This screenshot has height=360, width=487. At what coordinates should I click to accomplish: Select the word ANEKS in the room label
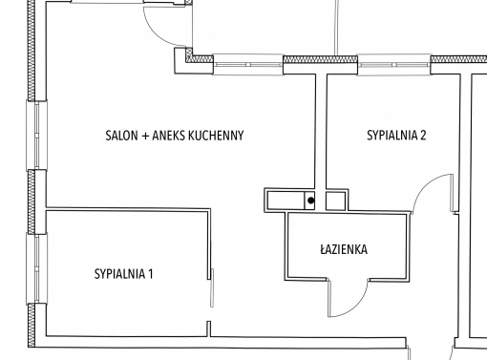click(169, 136)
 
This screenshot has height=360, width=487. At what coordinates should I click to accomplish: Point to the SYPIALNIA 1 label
click(123, 274)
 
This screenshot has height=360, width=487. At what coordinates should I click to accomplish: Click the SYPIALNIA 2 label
click(396, 136)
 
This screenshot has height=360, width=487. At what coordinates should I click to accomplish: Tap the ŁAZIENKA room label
click(344, 249)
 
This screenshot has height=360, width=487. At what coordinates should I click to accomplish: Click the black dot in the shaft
click(311, 201)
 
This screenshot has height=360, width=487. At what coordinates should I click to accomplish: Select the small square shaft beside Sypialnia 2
click(335, 201)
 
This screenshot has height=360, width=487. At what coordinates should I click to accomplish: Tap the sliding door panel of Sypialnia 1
click(212, 287)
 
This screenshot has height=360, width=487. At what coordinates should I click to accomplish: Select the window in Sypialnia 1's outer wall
click(36, 268)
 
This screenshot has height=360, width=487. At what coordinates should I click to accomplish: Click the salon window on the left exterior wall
click(36, 136)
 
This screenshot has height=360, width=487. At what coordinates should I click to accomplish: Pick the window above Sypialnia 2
click(394, 65)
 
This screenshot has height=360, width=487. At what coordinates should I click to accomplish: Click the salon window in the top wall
click(248, 65)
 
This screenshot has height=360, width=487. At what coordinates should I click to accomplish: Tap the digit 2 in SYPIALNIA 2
click(423, 136)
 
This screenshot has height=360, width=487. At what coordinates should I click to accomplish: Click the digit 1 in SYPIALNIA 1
click(151, 274)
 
